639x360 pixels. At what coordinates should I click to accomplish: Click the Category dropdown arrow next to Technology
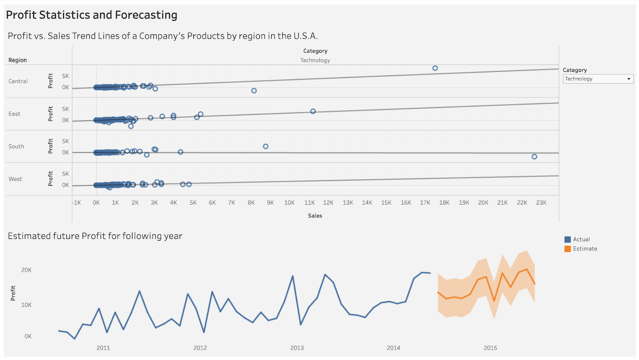(629, 79)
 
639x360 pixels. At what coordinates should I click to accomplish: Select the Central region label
(18, 81)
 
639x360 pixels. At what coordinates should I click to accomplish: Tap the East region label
(14, 114)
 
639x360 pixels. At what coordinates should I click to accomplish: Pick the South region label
(16, 147)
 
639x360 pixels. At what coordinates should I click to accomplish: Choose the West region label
(15, 179)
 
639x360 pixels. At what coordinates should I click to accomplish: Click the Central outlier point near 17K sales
(435, 68)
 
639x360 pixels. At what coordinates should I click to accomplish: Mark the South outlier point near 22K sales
(534, 157)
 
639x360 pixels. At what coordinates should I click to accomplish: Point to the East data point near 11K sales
(313, 111)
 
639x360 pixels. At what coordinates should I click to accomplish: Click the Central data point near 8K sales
(254, 91)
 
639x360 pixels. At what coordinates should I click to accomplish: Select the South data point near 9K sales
(266, 147)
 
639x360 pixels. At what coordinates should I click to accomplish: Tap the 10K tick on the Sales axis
(289, 203)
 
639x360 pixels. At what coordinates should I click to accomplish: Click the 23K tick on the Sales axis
(541, 203)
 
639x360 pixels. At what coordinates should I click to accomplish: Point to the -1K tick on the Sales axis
(77, 203)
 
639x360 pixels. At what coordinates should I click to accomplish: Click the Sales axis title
(315, 216)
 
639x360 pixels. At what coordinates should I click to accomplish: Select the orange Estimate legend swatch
(568, 249)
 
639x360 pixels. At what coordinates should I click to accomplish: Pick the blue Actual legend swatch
(568, 240)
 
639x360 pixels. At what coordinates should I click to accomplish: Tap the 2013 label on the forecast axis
(297, 348)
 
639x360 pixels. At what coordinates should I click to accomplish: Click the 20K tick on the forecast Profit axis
(26, 270)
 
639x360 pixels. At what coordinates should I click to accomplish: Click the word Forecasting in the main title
(146, 15)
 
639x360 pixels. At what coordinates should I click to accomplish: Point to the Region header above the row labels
(18, 60)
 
